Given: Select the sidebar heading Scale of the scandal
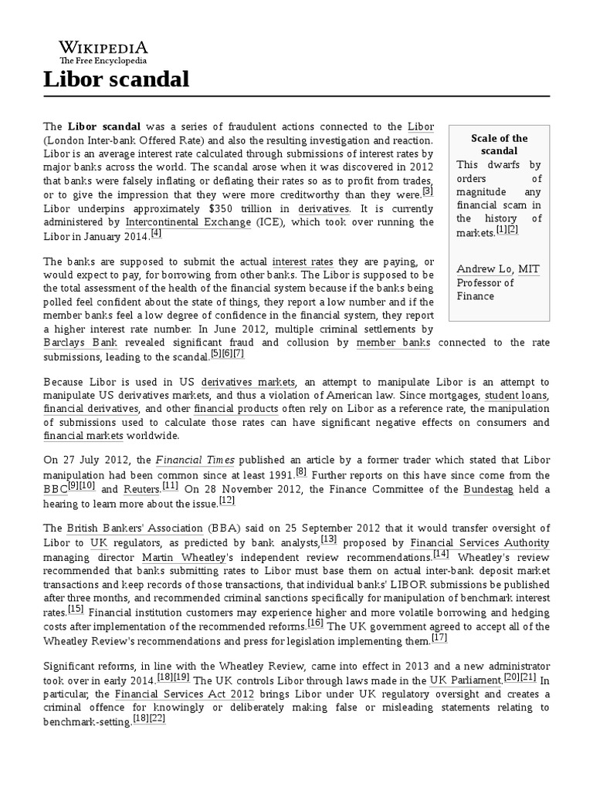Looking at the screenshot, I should tap(499, 144).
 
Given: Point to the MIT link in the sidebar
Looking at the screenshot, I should tap(529, 268).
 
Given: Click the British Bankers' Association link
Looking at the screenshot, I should tap(134, 528).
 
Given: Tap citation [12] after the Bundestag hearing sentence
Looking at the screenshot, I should tap(227, 500).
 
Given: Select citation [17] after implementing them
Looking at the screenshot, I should tap(439, 638).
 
